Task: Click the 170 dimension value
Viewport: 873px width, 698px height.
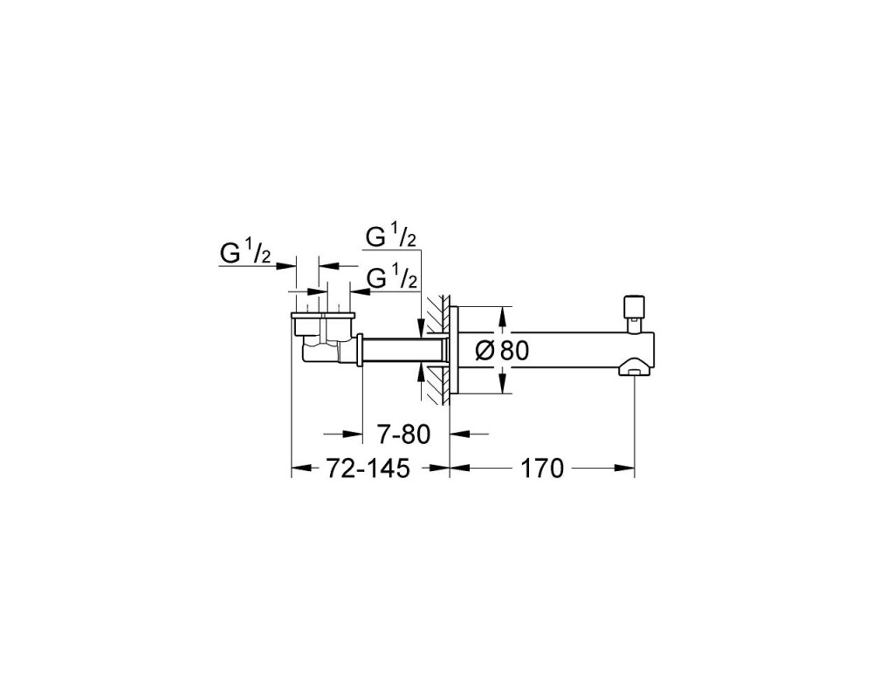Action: tap(542, 469)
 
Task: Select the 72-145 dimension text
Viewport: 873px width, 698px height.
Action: tap(368, 469)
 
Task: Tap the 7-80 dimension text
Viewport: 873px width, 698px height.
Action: tap(404, 435)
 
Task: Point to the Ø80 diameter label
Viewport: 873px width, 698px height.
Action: tap(503, 351)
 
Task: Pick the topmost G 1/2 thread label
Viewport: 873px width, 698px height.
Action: tap(391, 236)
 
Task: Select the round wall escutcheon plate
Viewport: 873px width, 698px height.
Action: tap(453, 351)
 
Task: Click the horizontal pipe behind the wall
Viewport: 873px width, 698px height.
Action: tap(403, 351)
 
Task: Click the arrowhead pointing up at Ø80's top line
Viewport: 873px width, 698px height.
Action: tap(503, 318)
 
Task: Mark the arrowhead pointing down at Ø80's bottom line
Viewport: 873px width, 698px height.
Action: tap(503, 384)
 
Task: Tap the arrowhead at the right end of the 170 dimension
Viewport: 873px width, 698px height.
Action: tap(624, 469)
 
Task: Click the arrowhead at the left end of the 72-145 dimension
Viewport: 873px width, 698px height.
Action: tap(302, 469)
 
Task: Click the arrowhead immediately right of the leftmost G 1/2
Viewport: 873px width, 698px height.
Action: tap(285, 266)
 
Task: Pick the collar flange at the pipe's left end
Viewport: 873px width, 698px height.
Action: tap(360, 351)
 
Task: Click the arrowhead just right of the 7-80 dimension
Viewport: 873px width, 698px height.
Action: tap(460, 435)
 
